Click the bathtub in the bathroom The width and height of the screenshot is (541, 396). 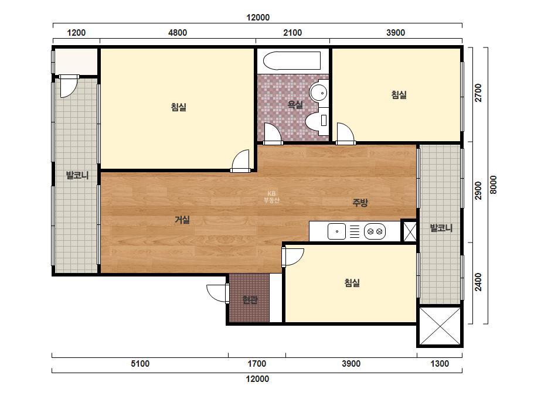[x=292, y=61]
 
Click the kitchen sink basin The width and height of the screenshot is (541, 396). [x=336, y=231]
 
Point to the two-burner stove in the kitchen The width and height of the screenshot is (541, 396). [x=375, y=231]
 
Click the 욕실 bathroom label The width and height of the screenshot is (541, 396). [x=295, y=105]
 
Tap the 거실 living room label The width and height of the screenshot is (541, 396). [x=182, y=220]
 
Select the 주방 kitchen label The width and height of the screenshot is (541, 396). [x=360, y=203]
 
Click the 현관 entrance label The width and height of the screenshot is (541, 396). [x=250, y=299]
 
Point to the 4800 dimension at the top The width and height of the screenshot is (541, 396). [x=178, y=33]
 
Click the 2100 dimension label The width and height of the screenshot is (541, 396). [x=292, y=33]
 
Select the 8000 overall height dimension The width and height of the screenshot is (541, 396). [x=494, y=185]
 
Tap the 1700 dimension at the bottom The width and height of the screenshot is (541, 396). [x=257, y=364]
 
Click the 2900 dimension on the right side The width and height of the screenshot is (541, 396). [x=478, y=190]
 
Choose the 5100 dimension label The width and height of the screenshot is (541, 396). [x=140, y=364]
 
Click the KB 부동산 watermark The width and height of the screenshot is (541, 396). [x=271, y=197]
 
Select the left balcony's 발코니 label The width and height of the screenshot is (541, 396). [x=77, y=175]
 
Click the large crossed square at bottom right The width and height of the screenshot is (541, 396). [x=440, y=326]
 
